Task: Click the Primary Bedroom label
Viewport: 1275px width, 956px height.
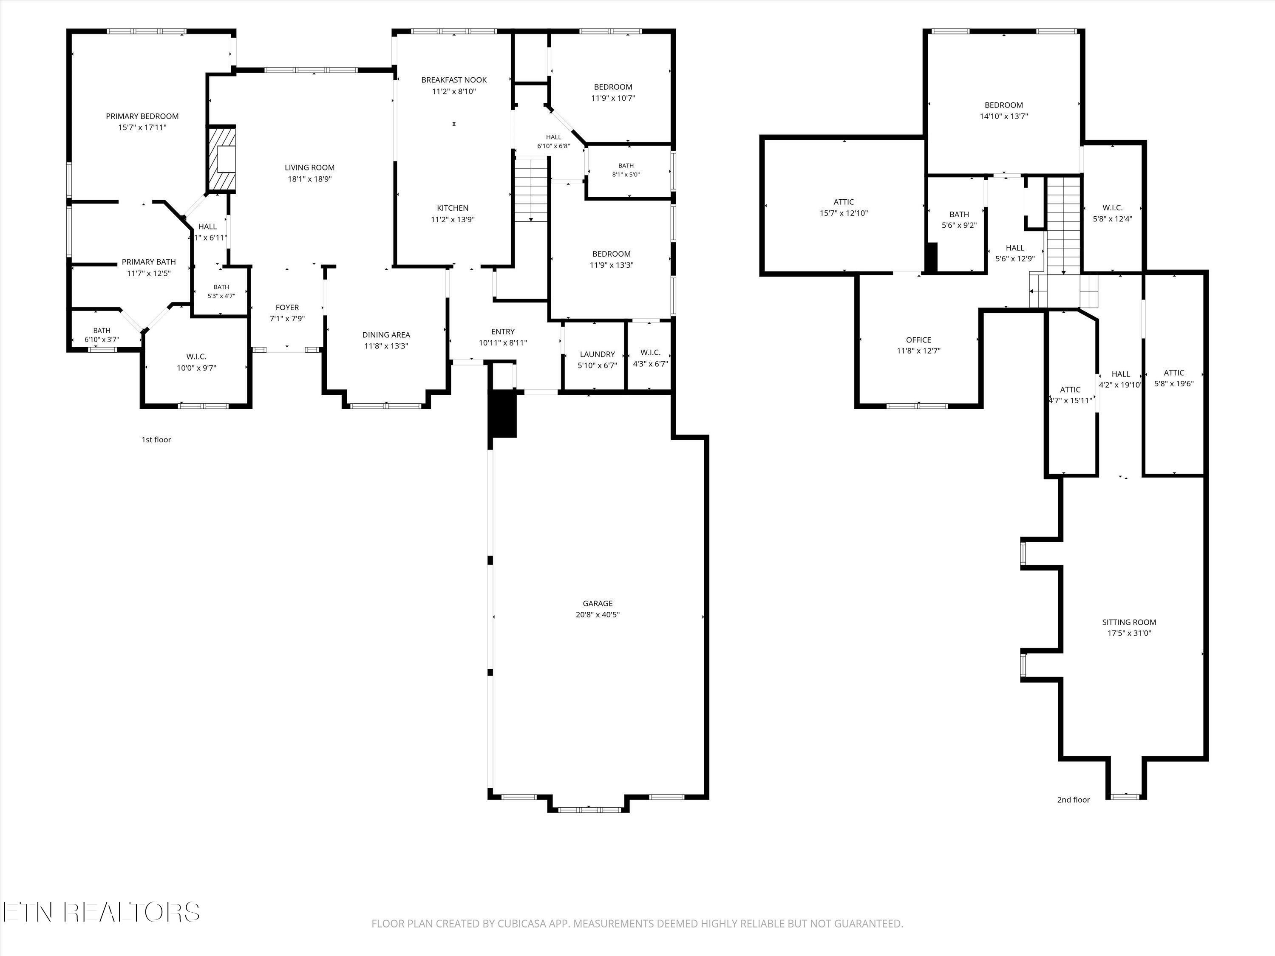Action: click(x=142, y=116)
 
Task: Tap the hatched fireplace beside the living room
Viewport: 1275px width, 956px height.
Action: click(x=222, y=159)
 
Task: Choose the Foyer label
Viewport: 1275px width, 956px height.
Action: click(x=287, y=308)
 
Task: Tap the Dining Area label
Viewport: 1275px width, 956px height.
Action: click(x=386, y=335)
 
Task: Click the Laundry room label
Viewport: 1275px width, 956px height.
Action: click(x=597, y=354)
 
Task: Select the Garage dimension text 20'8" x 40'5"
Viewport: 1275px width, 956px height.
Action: click(x=597, y=615)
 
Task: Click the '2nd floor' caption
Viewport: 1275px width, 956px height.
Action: click(x=1073, y=800)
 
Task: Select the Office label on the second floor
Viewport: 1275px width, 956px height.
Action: click(x=918, y=340)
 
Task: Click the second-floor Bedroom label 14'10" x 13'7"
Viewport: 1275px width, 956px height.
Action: click(x=1003, y=105)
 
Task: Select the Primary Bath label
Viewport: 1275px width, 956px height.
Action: click(x=149, y=262)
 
